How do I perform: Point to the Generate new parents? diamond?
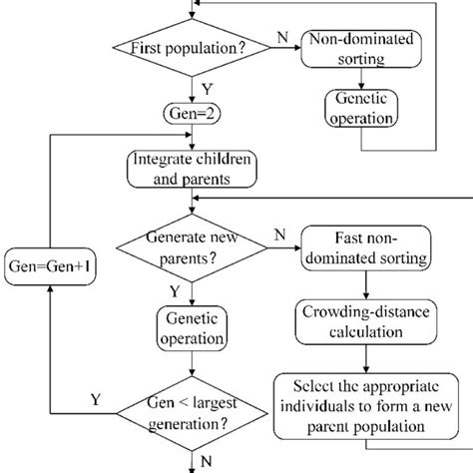(190, 247)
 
